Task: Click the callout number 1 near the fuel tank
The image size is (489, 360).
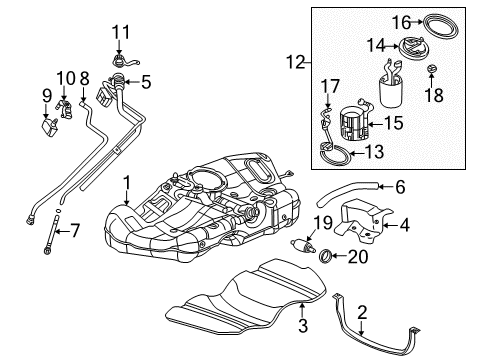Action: [x=127, y=182]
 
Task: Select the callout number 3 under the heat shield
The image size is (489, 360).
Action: [x=303, y=327]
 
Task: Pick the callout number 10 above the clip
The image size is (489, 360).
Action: [x=65, y=78]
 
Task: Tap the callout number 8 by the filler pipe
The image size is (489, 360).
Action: [x=85, y=78]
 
